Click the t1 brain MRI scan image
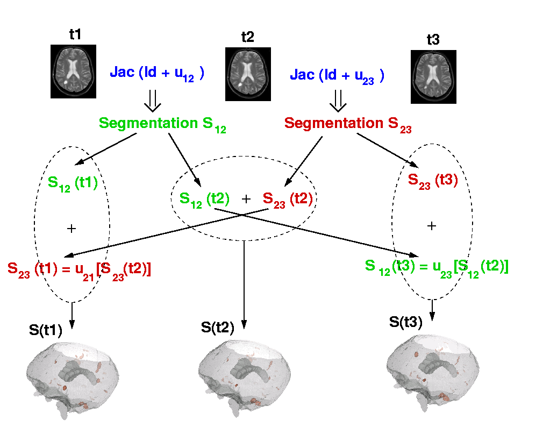point(73,71)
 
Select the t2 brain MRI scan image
point(248,74)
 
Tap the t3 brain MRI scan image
point(433,77)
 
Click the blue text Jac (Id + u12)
point(157,74)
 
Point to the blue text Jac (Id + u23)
point(337,76)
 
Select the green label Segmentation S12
point(162,125)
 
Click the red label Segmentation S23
point(348,125)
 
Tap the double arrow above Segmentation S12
point(153,101)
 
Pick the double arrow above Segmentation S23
point(338,101)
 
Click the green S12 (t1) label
point(73,184)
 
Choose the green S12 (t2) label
point(204,200)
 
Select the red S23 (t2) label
point(288,200)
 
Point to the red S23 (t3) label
point(433,181)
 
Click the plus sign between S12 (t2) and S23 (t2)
point(246,199)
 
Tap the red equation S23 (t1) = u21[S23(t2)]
point(79,271)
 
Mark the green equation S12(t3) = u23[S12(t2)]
point(437,268)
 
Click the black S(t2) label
point(218,328)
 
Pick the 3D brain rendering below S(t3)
point(433,373)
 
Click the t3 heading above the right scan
point(433,40)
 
